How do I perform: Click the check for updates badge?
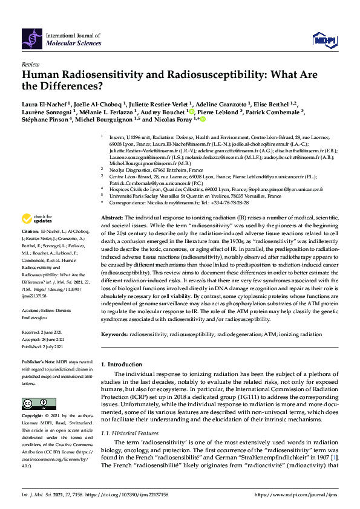(38, 218)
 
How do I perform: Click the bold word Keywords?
(114, 334)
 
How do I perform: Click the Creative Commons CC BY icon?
(34, 403)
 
